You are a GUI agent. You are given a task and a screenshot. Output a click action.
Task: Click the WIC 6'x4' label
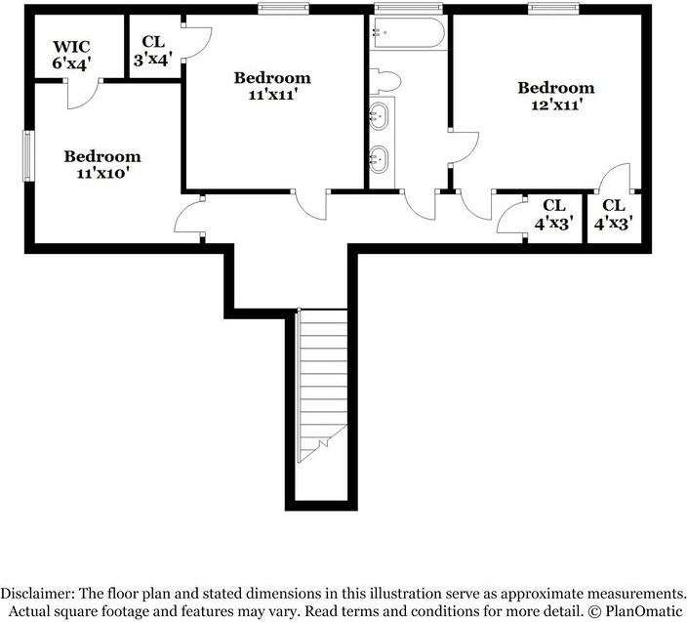[71, 55]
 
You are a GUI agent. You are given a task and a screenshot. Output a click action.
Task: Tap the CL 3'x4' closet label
[153, 51]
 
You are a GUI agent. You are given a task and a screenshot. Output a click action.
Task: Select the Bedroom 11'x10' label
[102, 164]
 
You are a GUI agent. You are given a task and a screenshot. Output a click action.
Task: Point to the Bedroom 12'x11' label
[556, 96]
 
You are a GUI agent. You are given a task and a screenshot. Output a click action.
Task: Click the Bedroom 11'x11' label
[272, 86]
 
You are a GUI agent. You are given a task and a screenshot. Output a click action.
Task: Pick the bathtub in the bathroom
[409, 33]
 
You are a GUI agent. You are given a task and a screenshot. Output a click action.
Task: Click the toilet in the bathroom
[385, 81]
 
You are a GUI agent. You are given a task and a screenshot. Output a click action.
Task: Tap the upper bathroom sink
[379, 116]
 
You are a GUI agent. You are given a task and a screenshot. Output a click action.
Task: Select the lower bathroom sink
[379, 158]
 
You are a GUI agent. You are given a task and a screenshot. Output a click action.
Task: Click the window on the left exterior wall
[29, 155]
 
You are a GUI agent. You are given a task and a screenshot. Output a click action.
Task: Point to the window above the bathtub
[408, 9]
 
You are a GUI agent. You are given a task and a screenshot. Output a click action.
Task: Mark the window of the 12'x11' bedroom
[554, 9]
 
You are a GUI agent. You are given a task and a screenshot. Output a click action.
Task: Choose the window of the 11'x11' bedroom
[283, 9]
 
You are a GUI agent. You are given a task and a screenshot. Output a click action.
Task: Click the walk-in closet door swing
[84, 94]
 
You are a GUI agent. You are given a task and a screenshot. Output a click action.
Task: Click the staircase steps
[323, 386]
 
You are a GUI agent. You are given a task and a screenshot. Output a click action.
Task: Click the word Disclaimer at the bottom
[37, 594]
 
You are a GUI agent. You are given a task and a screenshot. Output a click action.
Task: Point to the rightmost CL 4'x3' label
[614, 215]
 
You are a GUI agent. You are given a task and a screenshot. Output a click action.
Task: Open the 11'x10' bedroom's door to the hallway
[189, 219]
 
